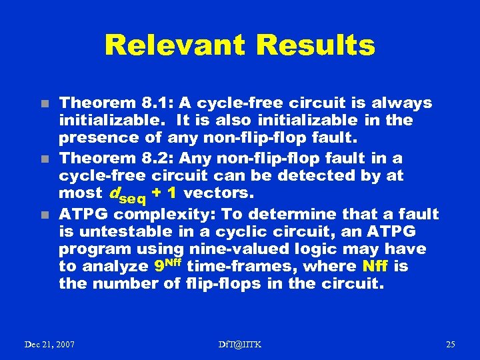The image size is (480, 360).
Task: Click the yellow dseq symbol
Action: [x=127, y=195]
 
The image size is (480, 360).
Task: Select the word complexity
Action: [x=159, y=214]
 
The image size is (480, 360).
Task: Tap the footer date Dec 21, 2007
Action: [x=49, y=344]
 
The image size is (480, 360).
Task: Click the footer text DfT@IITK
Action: [x=240, y=344]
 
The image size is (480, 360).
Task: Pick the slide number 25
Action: [x=450, y=344]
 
